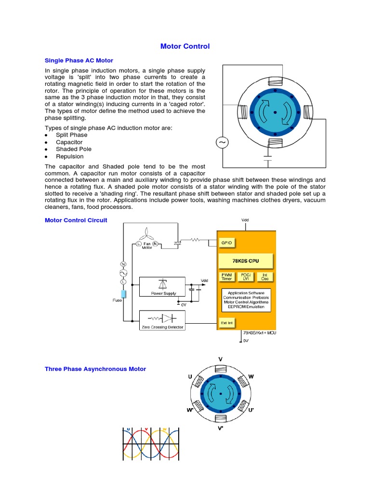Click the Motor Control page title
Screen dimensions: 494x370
pos(185,47)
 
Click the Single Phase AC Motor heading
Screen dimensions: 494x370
pos(79,61)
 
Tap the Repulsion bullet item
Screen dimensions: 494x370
pos(70,156)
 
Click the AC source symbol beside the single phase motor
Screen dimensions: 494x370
pos(223,142)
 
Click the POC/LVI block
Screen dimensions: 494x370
pos(247,277)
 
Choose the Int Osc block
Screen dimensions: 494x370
pos(265,277)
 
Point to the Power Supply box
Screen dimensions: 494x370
pos(162,287)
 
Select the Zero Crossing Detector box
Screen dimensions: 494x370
pos(162,320)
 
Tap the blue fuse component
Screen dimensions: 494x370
pos(123,295)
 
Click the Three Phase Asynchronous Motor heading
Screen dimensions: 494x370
pos(95,369)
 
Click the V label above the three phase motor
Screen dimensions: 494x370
pos(220,359)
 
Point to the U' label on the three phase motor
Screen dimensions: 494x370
pos(251,410)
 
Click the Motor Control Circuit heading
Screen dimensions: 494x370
pos(76,220)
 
